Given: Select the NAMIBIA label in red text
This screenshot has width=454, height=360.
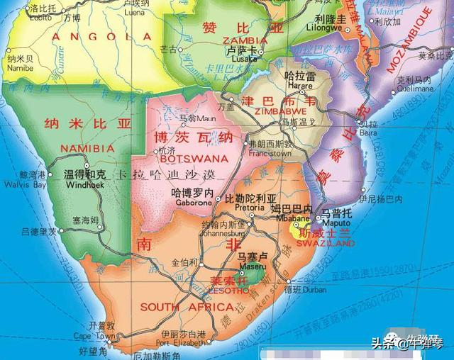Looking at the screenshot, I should coord(87,148).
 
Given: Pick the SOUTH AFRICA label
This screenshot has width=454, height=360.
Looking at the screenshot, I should coord(187,307).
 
